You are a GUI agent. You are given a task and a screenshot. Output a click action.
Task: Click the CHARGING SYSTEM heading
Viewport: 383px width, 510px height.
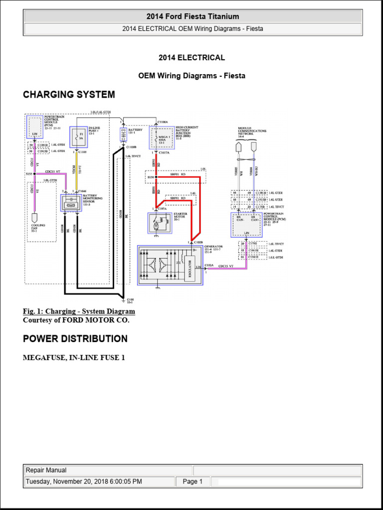click(x=69, y=95)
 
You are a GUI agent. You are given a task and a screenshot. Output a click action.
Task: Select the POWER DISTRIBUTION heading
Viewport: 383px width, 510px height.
click(x=75, y=339)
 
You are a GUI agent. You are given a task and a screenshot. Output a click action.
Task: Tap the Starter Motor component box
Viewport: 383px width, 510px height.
click(x=159, y=223)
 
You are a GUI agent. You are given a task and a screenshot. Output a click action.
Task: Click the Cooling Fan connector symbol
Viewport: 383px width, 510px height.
click(x=34, y=218)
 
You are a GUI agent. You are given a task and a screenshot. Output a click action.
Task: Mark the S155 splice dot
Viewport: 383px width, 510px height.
click(x=34, y=174)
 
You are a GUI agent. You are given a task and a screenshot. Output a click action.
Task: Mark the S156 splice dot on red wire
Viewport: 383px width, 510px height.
click(x=156, y=176)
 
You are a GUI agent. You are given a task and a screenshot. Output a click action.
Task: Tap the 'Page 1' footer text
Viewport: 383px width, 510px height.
click(x=192, y=482)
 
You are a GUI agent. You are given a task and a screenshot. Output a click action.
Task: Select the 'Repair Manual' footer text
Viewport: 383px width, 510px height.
click(x=46, y=470)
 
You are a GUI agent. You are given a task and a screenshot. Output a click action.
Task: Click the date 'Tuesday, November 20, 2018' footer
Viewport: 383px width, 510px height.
click(x=83, y=482)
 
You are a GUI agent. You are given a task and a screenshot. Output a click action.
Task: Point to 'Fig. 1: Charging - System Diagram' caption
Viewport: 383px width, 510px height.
click(x=79, y=312)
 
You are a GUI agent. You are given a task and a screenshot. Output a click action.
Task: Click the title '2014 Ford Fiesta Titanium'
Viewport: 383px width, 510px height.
click(x=192, y=16)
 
